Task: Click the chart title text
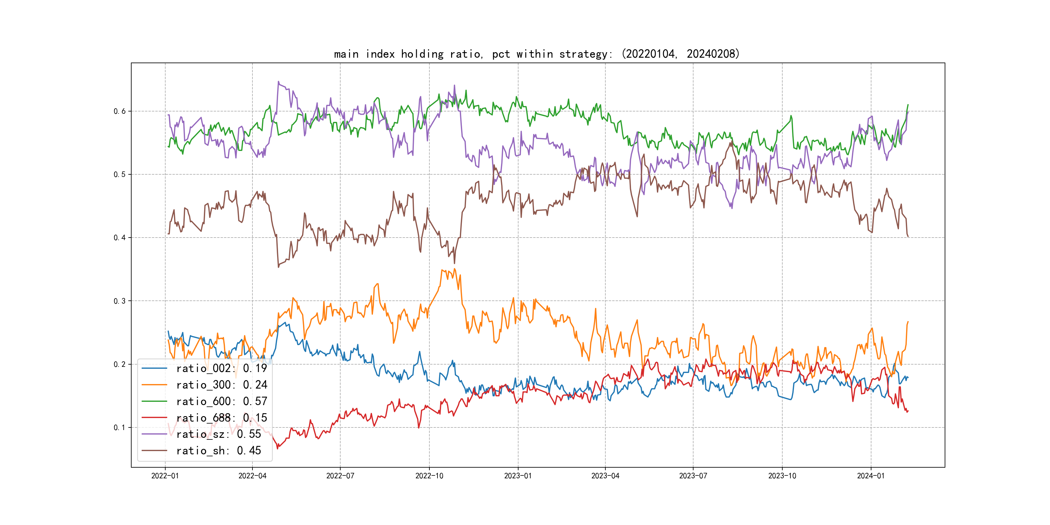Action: (x=536, y=54)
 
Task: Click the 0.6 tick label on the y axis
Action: (x=120, y=111)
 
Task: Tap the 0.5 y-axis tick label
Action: (x=120, y=174)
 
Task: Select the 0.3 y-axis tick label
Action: (x=120, y=301)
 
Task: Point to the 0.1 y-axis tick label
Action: (x=120, y=427)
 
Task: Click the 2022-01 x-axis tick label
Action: (x=165, y=476)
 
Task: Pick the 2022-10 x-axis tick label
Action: (x=429, y=476)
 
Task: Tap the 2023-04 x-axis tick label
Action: (x=605, y=476)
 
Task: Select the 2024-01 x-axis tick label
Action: (x=871, y=476)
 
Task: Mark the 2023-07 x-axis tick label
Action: (x=693, y=476)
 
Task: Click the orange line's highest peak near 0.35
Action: (x=454, y=269)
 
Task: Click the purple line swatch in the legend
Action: (x=154, y=434)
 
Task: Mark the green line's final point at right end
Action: (x=908, y=105)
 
